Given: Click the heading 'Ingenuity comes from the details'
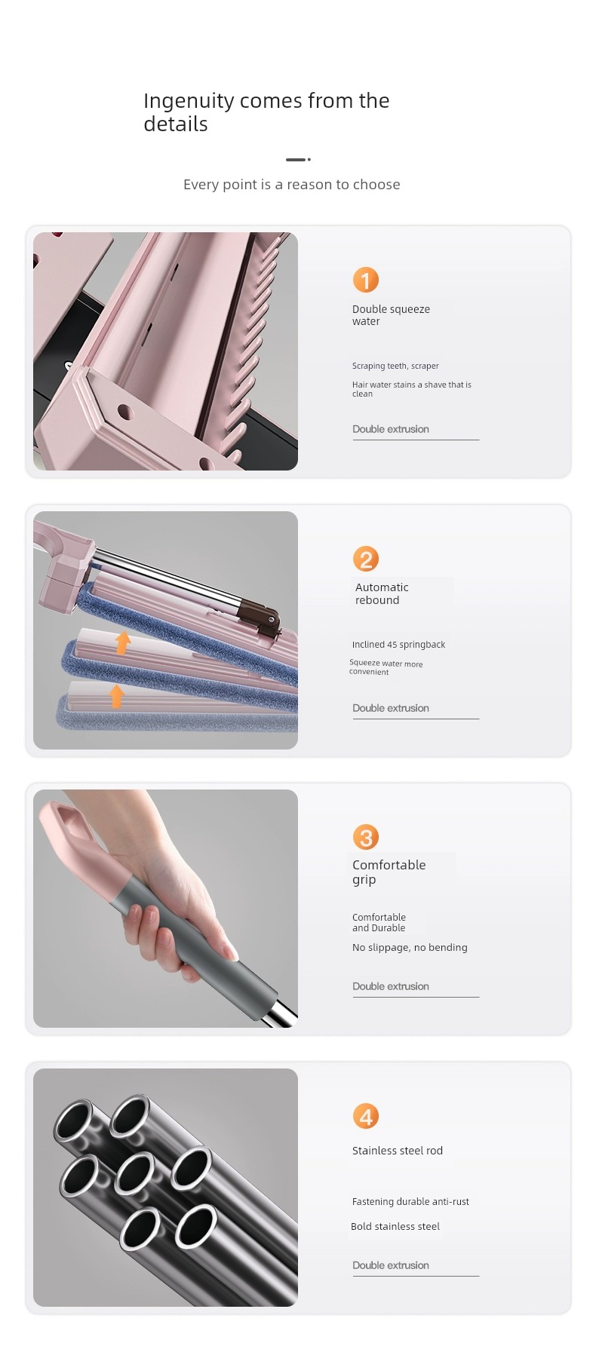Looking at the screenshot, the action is (x=266, y=112).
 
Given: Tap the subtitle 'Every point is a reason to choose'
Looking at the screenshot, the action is (x=292, y=185).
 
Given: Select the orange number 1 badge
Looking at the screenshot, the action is (x=366, y=281).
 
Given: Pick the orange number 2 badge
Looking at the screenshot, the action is (x=366, y=560).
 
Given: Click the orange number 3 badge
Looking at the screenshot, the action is (x=366, y=838).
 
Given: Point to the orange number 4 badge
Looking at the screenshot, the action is (x=366, y=1117).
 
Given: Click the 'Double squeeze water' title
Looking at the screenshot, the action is (x=391, y=315).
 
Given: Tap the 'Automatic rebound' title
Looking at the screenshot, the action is (x=382, y=593).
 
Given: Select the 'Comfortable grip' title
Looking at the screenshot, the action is (x=389, y=872).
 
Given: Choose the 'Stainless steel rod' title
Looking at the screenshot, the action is (x=398, y=1151).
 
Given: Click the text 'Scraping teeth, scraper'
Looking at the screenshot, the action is (x=395, y=366).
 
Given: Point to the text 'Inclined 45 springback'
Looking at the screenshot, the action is (x=398, y=645).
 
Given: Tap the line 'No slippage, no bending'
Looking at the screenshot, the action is (x=410, y=948).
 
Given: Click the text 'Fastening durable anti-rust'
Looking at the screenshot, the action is (x=410, y=1202).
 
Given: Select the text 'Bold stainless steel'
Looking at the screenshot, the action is (x=395, y=1227).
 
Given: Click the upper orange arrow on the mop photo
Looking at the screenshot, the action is (x=122, y=642).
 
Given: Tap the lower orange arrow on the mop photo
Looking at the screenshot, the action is (x=116, y=695).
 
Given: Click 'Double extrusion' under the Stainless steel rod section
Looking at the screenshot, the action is (x=391, y=1265).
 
